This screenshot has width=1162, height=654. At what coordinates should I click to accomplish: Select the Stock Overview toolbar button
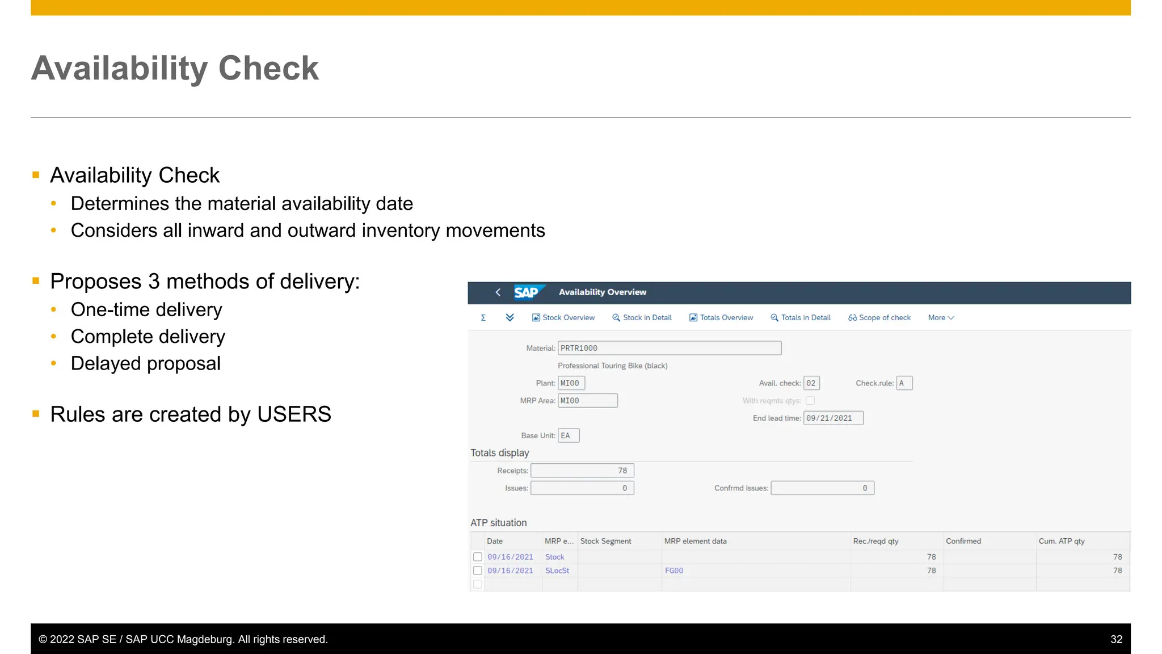coord(563,318)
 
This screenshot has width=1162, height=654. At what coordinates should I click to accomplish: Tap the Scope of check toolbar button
coord(879,318)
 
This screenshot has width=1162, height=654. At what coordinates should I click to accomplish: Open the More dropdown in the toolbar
coord(941,318)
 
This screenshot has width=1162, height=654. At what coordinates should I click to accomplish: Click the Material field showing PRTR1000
coord(669,348)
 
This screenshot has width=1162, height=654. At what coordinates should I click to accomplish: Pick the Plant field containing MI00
coord(571,383)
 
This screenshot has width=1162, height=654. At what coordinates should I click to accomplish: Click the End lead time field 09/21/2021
coord(833,418)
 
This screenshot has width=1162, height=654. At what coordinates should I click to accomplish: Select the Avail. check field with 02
coord(811,383)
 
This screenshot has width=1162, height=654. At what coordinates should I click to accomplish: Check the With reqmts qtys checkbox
coord(810,401)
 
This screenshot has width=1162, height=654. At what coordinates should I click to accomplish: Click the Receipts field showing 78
coord(582,471)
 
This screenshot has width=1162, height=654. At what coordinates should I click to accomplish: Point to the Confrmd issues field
coord(822,488)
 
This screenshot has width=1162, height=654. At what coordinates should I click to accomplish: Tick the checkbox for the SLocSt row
coord(478,571)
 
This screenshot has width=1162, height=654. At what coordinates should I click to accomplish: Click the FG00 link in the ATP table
coord(674,571)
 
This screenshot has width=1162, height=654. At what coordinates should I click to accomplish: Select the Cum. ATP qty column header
coord(1061,541)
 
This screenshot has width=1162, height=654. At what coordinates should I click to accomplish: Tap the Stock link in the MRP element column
coord(554,557)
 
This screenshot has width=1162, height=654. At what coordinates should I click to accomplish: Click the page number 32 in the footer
coord(1116,639)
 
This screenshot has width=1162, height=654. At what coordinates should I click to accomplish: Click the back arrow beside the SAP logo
coord(498,292)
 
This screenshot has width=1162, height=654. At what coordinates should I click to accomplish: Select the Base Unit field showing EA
coord(568,435)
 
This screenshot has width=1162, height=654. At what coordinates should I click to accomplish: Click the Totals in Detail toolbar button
coord(801,318)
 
